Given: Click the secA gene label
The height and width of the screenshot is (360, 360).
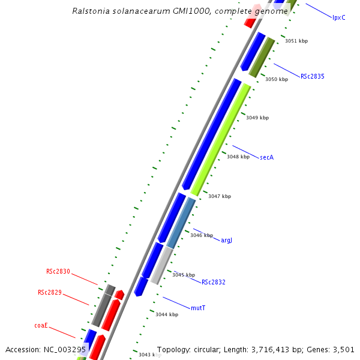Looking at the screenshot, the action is [266, 157].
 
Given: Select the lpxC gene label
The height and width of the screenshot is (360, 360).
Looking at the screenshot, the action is [339, 17].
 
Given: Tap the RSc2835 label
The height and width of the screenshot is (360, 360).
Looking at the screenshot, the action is [313, 77].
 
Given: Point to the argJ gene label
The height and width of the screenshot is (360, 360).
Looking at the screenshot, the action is [226, 240].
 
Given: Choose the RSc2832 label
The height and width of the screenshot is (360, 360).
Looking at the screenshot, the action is [213, 282].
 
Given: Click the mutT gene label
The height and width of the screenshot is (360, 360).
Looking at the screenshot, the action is [198, 308].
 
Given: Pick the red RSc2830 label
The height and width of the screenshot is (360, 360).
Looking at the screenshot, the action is [58, 271].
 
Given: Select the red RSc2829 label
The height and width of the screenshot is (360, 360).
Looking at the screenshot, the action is [50, 292].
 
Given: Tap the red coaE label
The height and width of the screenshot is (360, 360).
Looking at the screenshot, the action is [41, 326].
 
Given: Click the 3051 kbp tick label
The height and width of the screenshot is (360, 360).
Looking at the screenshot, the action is [296, 41].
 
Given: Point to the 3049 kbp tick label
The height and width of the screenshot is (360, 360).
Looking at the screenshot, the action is [257, 118].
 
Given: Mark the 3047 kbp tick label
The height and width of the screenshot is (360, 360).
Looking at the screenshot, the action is [219, 196].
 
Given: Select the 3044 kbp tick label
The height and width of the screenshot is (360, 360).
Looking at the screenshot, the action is [166, 314].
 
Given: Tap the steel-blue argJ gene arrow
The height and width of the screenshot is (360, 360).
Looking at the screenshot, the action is [181, 223].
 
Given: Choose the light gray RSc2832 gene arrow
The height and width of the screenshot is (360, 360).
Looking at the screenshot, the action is [162, 265].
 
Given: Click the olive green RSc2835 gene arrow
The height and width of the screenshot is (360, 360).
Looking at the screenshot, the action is [262, 58].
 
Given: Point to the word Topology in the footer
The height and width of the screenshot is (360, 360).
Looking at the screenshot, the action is [173, 349].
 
